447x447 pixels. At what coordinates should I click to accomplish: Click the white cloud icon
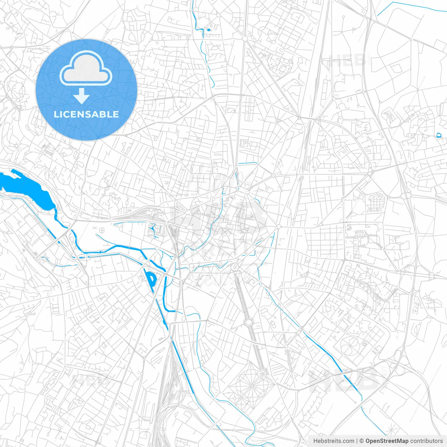[x=86, y=68]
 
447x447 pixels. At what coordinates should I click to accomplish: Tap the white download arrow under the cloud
[x=82, y=96]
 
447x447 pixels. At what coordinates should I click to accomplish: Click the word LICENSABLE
[x=86, y=114]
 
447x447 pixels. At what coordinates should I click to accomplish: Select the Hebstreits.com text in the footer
[x=334, y=441]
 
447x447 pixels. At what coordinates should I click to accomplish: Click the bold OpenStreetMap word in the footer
[x=387, y=441]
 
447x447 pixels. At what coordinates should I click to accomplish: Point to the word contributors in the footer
[x=426, y=441]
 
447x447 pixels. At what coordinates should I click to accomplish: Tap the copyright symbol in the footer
[x=361, y=441]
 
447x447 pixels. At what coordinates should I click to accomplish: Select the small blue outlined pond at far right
[x=439, y=135]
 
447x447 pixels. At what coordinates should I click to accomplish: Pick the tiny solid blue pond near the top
[x=209, y=30]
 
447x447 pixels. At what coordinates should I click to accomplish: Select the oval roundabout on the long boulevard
[x=248, y=322]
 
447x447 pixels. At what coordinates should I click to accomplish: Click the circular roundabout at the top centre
[x=245, y=38]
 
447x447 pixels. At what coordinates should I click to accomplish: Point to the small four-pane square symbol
[x=102, y=230]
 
